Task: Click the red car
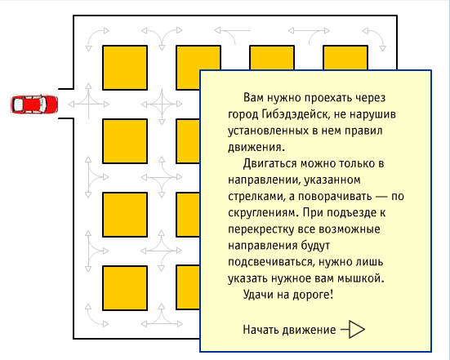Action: point(34,104)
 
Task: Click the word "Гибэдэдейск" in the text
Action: point(295,114)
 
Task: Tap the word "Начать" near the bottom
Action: point(261,330)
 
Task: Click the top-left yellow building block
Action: point(125,68)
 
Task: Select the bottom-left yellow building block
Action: point(125,288)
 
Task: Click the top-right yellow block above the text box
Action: point(345,57)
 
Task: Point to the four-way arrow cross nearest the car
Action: point(89,104)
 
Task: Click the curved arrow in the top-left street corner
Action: point(91,34)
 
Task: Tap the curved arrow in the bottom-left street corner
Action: point(91,320)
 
